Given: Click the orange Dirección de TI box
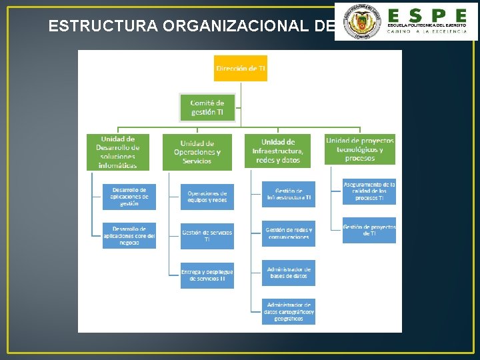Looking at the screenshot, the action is [240, 68].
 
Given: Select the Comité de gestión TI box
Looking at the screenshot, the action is [207, 107].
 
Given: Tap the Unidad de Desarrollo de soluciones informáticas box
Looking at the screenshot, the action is [117, 152].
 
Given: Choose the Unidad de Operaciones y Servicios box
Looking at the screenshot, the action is [197, 152].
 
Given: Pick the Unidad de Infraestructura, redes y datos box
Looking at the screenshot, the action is [277, 151].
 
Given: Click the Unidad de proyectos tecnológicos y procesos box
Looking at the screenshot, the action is [359, 149].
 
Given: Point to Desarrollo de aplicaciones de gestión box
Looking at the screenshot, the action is [129, 197].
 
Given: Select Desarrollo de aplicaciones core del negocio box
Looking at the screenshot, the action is [129, 235].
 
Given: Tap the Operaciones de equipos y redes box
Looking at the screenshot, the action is [207, 197].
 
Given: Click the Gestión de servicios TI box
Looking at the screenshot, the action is [207, 235].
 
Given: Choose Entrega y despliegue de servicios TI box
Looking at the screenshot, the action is [207, 275].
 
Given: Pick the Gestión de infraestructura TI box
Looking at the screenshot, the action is [288, 194].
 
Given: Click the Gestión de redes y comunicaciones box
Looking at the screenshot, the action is [288, 233].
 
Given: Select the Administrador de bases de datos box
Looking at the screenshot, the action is [288, 272].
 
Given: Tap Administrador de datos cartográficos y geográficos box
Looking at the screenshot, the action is [288, 311].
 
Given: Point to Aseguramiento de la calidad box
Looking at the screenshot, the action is [369, 191].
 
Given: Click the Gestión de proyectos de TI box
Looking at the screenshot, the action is [369, 230].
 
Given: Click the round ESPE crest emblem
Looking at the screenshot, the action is [360, 22].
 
